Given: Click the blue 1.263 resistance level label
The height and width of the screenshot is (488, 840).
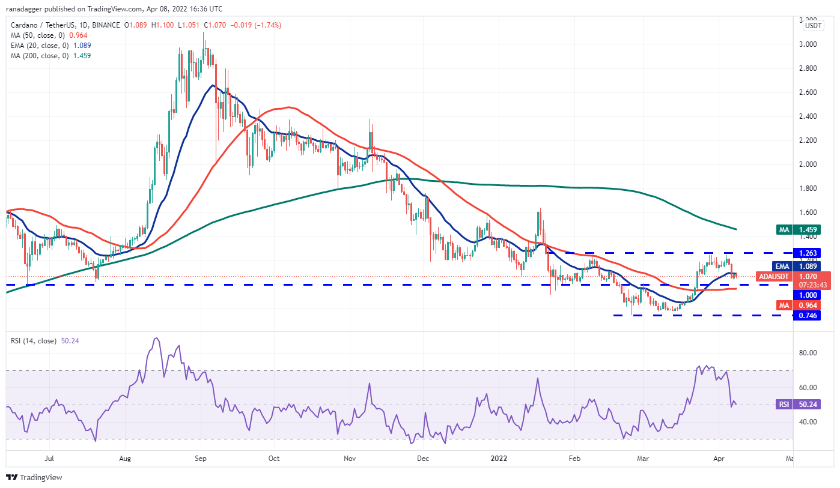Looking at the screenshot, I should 806,253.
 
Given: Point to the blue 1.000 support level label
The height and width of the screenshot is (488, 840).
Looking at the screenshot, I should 806,295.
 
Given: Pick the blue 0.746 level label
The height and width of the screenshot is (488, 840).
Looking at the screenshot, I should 806,316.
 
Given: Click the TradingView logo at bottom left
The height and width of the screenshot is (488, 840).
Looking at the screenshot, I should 34,478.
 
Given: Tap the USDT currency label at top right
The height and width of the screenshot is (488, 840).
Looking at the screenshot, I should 814,25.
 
